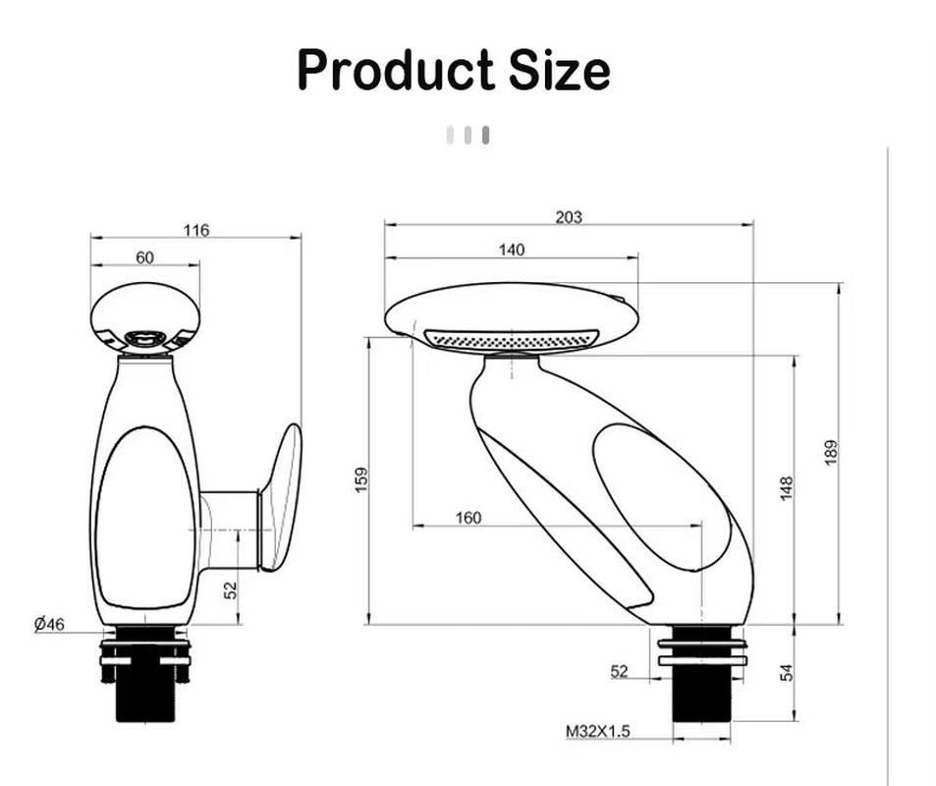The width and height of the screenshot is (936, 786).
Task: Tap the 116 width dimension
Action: (x=195, y=231)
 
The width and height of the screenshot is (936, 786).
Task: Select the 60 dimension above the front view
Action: (x=144, y=257)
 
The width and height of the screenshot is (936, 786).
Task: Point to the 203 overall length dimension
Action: (x=569, y=217)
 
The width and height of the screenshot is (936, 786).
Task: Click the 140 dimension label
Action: (x=511, y=250)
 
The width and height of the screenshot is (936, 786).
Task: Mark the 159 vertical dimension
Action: (x=362, y=479)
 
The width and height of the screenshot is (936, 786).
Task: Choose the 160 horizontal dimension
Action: (x=469, y=518)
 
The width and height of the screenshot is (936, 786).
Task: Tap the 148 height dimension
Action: (x=787, y=488)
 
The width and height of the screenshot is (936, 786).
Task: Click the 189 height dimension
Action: (x=831, y=453)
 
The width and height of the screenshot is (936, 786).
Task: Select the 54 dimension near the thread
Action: (x=787, y=673)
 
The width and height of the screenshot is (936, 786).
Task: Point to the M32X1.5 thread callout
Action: (x=598, y=731)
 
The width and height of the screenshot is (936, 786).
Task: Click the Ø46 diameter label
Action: (x=48, y=624)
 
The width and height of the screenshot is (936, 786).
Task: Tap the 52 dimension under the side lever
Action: (x=230, y=589)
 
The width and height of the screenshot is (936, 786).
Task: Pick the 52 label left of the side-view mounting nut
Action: (x=619, y=671)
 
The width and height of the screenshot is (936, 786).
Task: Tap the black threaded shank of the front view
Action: (x=144, y=693)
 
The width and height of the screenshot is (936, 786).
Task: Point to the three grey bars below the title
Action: (x=468, y=136)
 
